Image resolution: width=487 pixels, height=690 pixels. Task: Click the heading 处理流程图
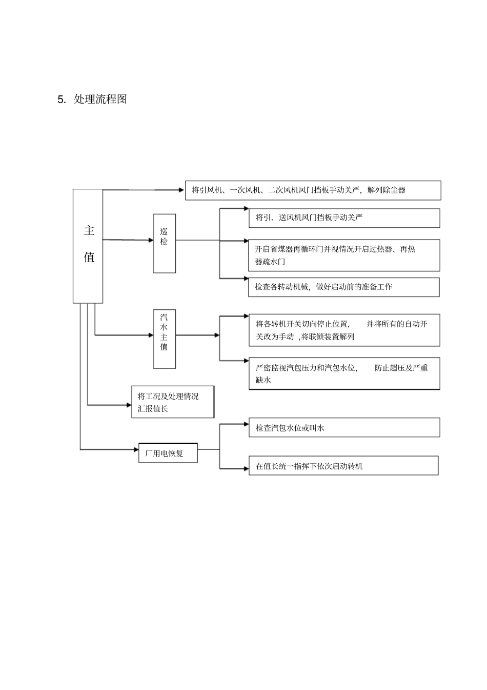(100, 100)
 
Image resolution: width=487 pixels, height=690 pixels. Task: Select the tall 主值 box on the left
(88, 246)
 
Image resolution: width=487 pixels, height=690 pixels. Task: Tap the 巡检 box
(164, 243)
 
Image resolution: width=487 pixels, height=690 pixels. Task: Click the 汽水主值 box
(164, 339)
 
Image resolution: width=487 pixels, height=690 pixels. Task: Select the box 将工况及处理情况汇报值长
(172, 402)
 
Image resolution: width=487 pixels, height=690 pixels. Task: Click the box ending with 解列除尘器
(313, 190)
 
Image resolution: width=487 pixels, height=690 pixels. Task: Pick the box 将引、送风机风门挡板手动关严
(344, 218)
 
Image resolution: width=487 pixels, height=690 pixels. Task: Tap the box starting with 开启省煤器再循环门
(344, 255)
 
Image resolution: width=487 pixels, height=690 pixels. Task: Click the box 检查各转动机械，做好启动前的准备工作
(344, 287)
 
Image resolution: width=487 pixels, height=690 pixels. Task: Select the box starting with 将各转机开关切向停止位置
(344, 330)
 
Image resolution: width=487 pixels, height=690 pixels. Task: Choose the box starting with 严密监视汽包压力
(344, 373)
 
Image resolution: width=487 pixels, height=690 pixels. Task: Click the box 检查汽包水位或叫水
(344, 427)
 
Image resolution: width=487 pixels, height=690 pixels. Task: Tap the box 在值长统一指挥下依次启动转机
(343, 466)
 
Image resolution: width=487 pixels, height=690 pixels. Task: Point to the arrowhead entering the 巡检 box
(150, 240)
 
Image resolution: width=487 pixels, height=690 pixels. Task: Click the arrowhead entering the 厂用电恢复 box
(136, 449)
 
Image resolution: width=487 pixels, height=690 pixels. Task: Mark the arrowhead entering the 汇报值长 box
(129, 405)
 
